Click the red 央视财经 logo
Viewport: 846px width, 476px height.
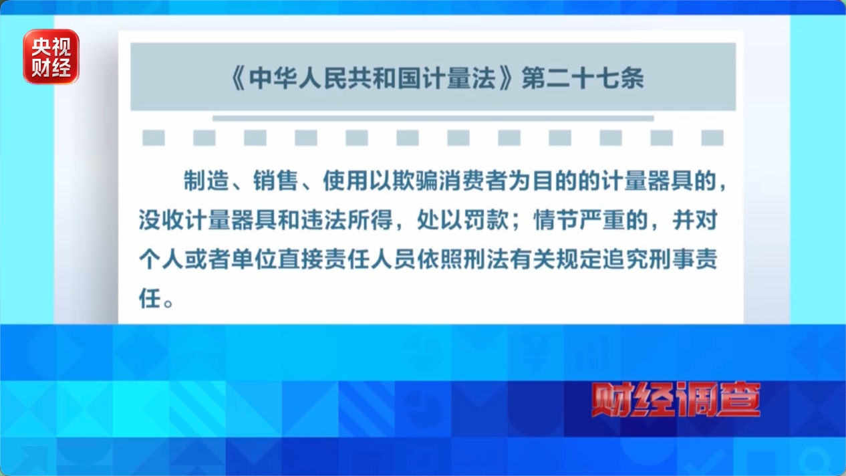coord(51,57)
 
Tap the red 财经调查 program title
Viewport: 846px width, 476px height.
coord(676,399)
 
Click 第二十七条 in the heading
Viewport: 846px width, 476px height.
coord(583,79)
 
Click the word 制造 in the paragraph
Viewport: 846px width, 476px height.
coord(206,181)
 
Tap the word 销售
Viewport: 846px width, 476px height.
coord(276,181)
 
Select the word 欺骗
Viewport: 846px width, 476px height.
coord(415,181)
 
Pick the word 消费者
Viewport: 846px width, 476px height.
coord(473,181)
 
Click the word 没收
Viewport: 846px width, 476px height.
coord(161,220)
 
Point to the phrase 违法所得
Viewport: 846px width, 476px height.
coord(347,220)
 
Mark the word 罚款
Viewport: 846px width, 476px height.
coord(486,220)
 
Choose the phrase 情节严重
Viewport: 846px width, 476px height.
coord(579,220)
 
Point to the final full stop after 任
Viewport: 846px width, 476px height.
coord(168,303)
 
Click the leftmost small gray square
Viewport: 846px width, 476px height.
coord(153,138)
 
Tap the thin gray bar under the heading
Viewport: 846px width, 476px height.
coord(433,118)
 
